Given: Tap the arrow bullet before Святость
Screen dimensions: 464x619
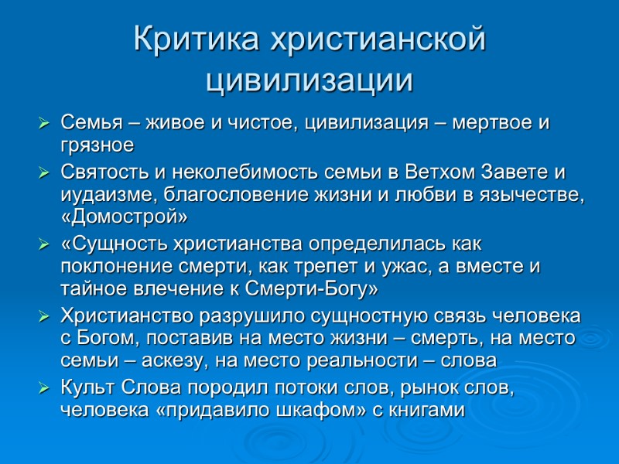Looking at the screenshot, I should click(43, 172).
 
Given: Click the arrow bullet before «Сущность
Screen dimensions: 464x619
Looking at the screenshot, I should click(43, 245).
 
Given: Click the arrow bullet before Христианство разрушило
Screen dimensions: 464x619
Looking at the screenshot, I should click(43, 317).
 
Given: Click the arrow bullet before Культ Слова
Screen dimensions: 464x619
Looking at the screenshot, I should click(43, 388).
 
